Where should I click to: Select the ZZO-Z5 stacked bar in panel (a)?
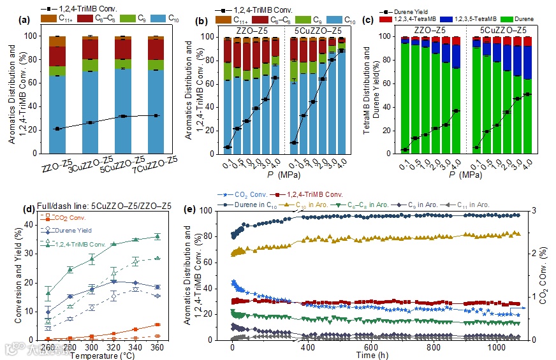[57, 96]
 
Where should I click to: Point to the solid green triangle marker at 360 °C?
[157, 237]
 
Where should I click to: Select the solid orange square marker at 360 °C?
[157, 325]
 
